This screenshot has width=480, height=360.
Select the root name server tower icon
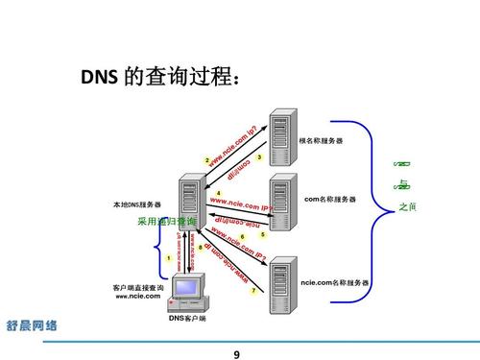pyautogui.click(x=282, y=139)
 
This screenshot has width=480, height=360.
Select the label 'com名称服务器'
pyautogui.click(x=330, y=199)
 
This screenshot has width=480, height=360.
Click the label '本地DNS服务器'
pyautogui.click(x=137, y=204)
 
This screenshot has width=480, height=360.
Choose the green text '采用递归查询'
pyautogui.click(x=165, y=222)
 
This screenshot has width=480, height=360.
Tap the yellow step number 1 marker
pyautogui.click(x=169, y=257)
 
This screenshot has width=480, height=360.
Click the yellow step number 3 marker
pyautogui.click(x=259, y=156)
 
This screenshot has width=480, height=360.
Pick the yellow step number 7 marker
pyautogui.click(x=253, y=291)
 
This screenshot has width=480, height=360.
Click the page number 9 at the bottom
pyautogui.click(x=237, y=354)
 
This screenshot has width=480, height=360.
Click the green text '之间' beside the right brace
pyautogui.click(x=407, y=207)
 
